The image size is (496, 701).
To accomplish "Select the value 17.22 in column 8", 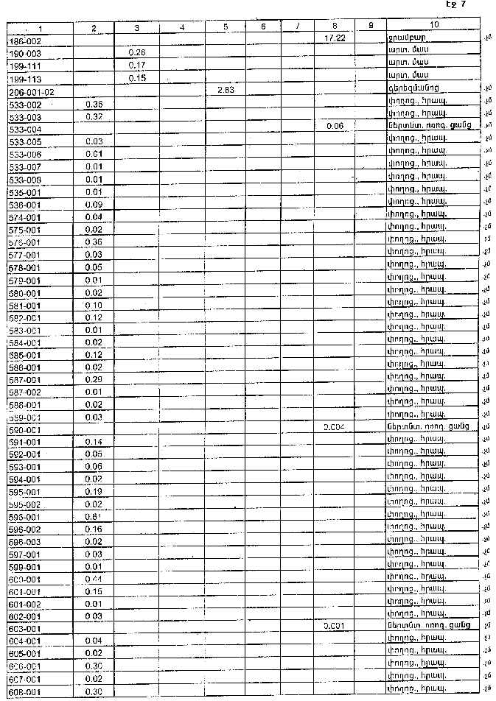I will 335,36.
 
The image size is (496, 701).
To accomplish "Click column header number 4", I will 181,28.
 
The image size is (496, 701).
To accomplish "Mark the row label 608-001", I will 25,692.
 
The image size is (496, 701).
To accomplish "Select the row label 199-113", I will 25,79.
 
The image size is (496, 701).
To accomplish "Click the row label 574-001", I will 25,217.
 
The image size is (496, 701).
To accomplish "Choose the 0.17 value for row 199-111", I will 136,65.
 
